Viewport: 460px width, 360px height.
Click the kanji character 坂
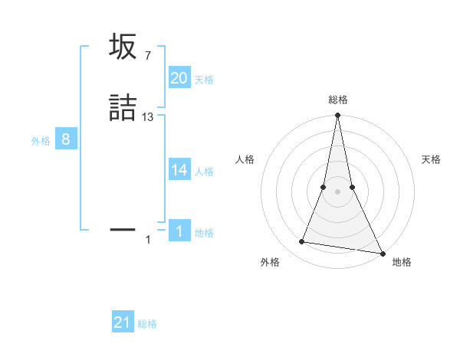(x=123, y=47)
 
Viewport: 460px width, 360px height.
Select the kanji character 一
(x=123, y=229)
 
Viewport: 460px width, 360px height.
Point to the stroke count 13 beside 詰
(x=148, y=117)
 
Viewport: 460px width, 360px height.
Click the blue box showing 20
(x=179, y=78)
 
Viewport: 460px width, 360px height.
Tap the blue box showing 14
(x=179, y=170)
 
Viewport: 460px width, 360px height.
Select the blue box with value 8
(x=66, y=139)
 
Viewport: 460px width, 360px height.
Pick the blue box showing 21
(x=122, y=322)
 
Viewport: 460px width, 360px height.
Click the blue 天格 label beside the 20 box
(x=204, y=80)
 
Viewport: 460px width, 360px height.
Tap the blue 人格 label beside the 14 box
(x=204, y=172)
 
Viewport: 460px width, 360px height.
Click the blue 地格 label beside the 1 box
(x=204, y=233)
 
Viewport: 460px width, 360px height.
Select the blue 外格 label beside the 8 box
(x=41, y=141)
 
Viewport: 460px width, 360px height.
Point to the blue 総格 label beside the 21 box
(x=147, y=324)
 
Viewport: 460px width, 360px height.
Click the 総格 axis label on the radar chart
(x=337, y=100)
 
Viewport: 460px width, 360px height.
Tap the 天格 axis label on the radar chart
(x=432, y=159)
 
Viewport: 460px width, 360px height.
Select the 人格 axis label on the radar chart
(x=245, y=159)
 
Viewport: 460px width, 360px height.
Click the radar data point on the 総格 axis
(x=337, y=116)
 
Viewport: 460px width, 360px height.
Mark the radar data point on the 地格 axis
(x=382, y=253)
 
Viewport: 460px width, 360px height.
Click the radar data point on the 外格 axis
(x=302, y=242)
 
